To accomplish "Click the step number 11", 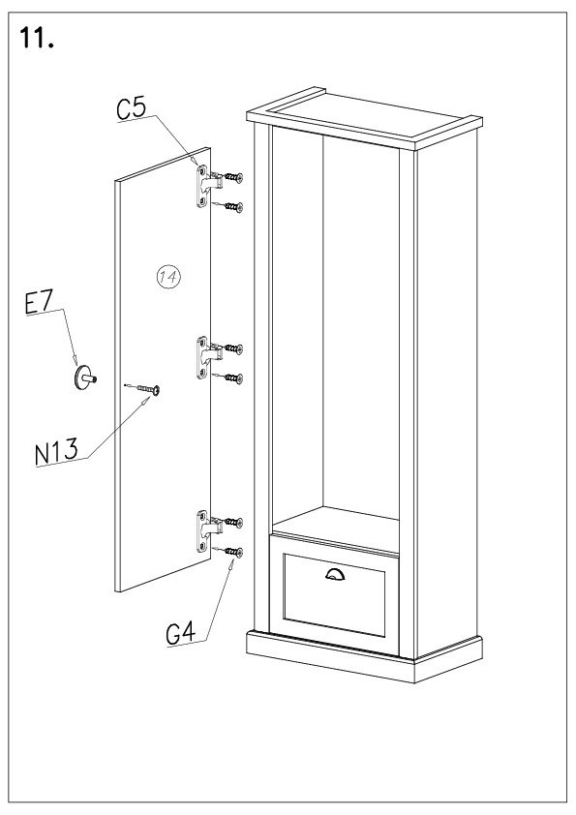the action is point(37,38).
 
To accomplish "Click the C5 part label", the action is point(132,109).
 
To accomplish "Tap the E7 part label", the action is point(39,303).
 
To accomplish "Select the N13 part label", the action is point(57,451).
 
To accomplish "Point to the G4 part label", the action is point(181,634).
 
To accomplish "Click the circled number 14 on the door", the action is point(168,277).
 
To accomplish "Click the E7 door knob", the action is point(85,377).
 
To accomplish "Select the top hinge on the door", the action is point(207,185).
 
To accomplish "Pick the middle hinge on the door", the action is point(207,357).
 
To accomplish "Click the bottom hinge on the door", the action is point(207,530).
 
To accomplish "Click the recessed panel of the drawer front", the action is point(334,594).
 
